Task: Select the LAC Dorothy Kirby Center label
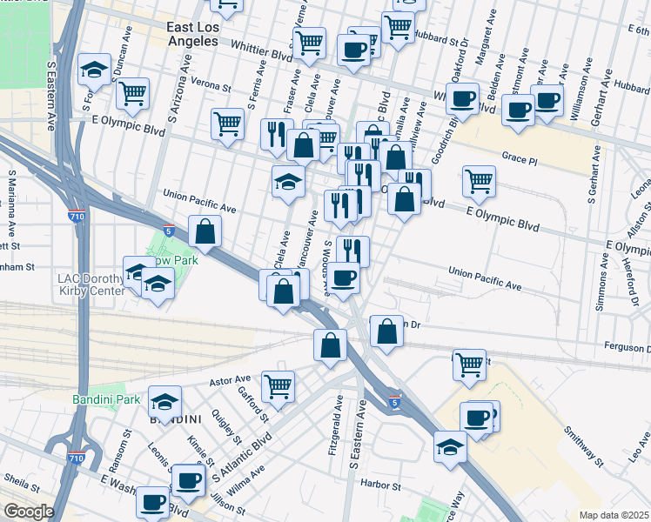click(92, 284)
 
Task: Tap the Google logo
click(29, 511)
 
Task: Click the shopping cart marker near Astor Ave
click(278, 385)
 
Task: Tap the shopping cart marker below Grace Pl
click(479, 181)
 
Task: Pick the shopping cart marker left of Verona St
click(132, 92)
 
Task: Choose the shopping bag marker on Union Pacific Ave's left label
click(205, 231)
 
